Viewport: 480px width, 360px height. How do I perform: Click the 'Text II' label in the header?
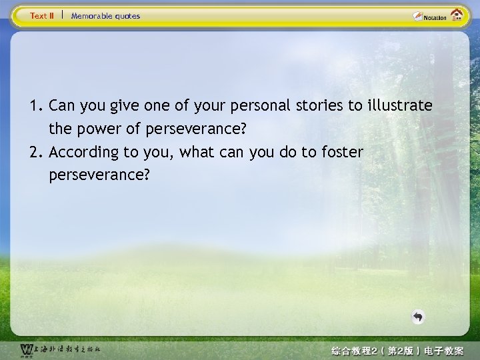coord(42,16)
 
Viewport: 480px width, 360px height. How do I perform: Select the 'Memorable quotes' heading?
coord(105,16)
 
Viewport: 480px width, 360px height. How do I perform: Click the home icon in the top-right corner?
coord(457,15)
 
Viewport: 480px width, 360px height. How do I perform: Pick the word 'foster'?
coord(343,152)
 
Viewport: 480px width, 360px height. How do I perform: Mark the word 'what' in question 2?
coord(199,152)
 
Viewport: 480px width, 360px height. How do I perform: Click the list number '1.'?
coord(36,105)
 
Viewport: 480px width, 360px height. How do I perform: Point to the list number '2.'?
coord(36,152)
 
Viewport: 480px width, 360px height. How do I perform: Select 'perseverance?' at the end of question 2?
coord(99,175)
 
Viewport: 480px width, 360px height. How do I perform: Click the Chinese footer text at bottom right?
coord(397,351)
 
